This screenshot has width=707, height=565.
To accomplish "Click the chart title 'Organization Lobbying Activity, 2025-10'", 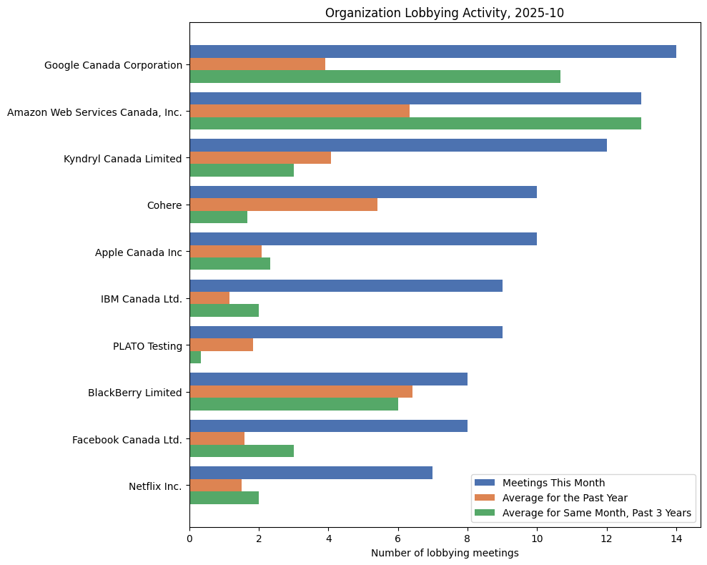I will [x=444, y=12].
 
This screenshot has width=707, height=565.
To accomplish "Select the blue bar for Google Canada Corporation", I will [x=432, y=51].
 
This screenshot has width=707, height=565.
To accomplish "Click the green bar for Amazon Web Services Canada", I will [x=415, y=123].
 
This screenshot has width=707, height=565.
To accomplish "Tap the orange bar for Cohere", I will [x=283, y=205].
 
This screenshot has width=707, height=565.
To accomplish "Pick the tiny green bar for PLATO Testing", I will [x=195, y=358].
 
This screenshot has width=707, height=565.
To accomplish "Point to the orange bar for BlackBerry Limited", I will [x=300, y=392].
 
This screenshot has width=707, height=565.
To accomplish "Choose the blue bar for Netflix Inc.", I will [x=311, y=473].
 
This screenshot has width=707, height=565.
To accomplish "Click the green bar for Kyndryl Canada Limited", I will [x=242, y=170].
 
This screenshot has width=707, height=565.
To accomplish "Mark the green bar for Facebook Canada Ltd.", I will [x=242, y=451].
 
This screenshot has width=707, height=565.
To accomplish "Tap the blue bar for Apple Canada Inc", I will [x=363, y=239].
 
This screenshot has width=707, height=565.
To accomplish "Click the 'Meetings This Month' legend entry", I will [x=553, y=481].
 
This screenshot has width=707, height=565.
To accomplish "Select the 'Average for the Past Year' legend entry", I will [x=564, y=497].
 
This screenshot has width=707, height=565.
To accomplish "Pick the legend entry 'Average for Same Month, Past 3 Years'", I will [x=596, y=513].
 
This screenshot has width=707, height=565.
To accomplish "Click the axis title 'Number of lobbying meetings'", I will [x=444, y=553].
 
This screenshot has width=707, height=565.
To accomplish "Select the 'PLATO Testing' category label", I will [x=147, y=346].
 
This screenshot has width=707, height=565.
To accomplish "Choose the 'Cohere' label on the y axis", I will [x=164, y=205].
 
